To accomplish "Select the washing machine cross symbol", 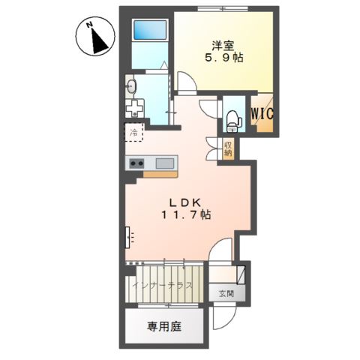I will [136, 107].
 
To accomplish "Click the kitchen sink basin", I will [165, 163].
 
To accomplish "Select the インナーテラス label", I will [162, 286].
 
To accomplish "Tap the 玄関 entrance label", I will [226, 293].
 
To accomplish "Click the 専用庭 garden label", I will [163, 327].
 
